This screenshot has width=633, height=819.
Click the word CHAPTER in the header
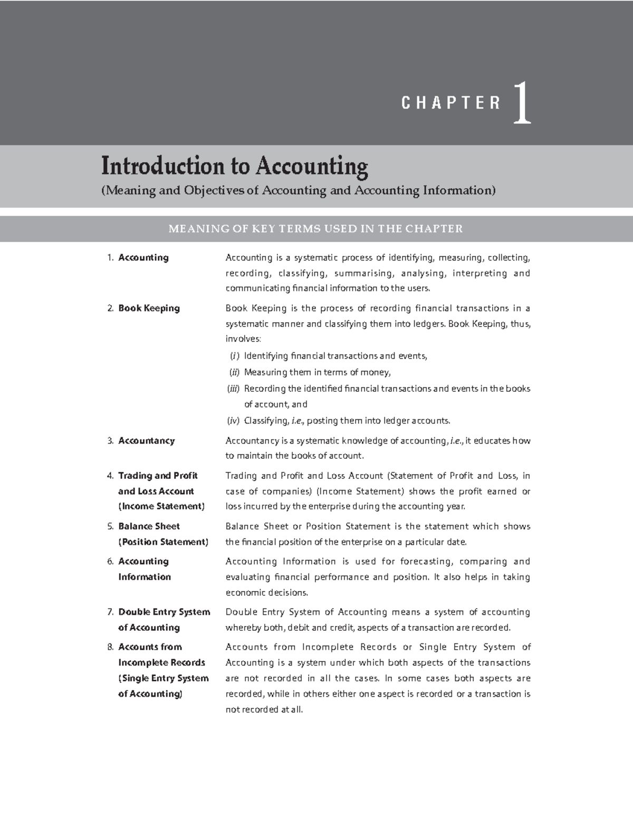451,103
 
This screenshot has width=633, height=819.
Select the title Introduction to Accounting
235,166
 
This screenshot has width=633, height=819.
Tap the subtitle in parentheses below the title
298,190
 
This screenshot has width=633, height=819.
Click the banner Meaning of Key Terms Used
315,228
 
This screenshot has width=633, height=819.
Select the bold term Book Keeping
149,309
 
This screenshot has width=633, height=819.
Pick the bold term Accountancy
146,441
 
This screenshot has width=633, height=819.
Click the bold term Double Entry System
164,612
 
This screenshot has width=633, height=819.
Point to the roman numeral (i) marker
234,356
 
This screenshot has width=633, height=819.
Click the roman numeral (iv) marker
233,421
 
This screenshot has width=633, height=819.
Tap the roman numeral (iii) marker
233,389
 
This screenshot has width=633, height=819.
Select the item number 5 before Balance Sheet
110,526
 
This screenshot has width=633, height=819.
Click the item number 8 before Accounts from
110,647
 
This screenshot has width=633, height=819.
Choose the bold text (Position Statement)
163,542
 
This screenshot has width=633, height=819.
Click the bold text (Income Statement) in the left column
161,506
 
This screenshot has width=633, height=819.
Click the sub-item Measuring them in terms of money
317,373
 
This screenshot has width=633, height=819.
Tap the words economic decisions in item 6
266,593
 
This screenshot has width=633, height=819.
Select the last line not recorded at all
264,710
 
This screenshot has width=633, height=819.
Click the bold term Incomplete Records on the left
161,663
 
